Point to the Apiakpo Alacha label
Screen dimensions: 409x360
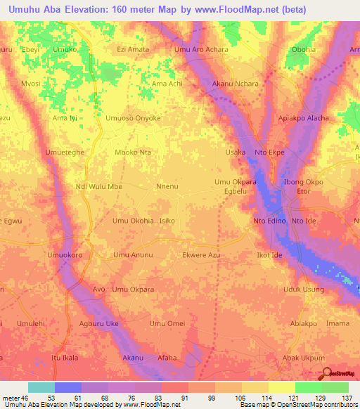(304, 118)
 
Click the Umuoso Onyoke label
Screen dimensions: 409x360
(133, 118)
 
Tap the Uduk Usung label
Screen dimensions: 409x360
(303, 290)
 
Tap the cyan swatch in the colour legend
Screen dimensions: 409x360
(41, 387)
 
